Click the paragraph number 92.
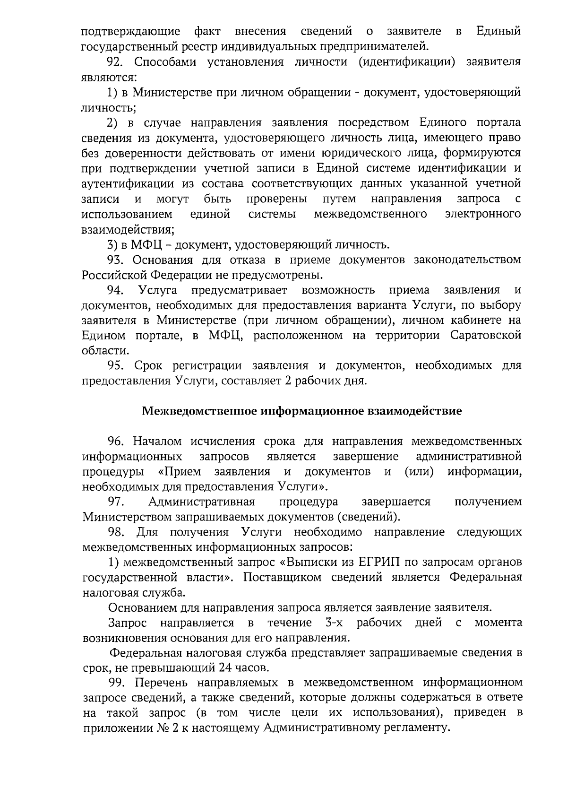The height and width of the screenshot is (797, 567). (x=116, y=62)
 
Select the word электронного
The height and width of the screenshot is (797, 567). (x=483, y=214)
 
